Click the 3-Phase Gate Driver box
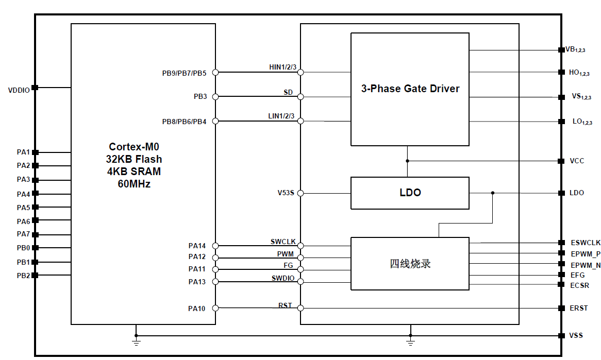point(410,89)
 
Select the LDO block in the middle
point(410,193)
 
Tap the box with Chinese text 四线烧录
point(410,264)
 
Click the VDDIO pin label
point(19,90)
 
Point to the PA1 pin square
point(35,152)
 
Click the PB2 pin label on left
point(23,276)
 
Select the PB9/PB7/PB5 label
point(184,73)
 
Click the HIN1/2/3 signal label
point(282,67)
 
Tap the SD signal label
point(288,92)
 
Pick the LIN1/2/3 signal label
point(281,116)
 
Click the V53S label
point(286,194)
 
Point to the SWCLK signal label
point(283,242)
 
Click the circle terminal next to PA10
point(215,308)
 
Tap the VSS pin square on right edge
point(561,336)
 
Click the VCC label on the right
point(577,161)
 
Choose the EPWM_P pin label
point(586,253)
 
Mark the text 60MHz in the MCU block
point(134,184)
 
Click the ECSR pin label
point(580,285)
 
